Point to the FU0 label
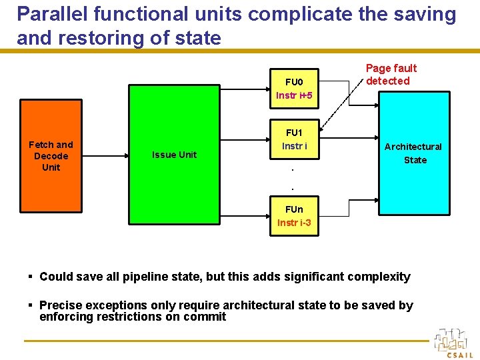tap(294, 82)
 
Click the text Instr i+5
tap(294, 95)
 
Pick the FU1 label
tap(294, 133)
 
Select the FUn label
tap(294, 209)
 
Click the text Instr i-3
tap(294, 223)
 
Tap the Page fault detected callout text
tap(391, 74)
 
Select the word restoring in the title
tap(101, 38)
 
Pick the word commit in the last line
tap(205, 317)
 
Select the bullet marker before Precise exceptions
tap(31, 305)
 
